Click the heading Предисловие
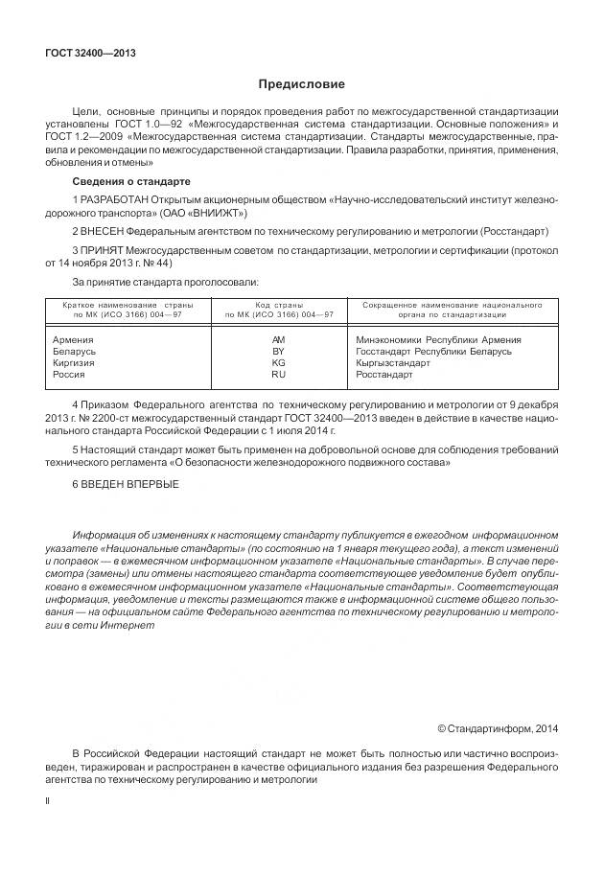point(301,84)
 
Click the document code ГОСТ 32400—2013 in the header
point(90,53)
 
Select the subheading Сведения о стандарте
point(131,181)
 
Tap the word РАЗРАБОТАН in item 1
point(117,200)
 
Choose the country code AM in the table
point(279,339)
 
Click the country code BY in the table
point(279,351)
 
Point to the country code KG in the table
point(279,362)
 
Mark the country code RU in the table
point(279,374)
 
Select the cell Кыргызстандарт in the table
point(393,362)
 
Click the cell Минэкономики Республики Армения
point(438,339)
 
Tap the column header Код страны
point(279,305)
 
